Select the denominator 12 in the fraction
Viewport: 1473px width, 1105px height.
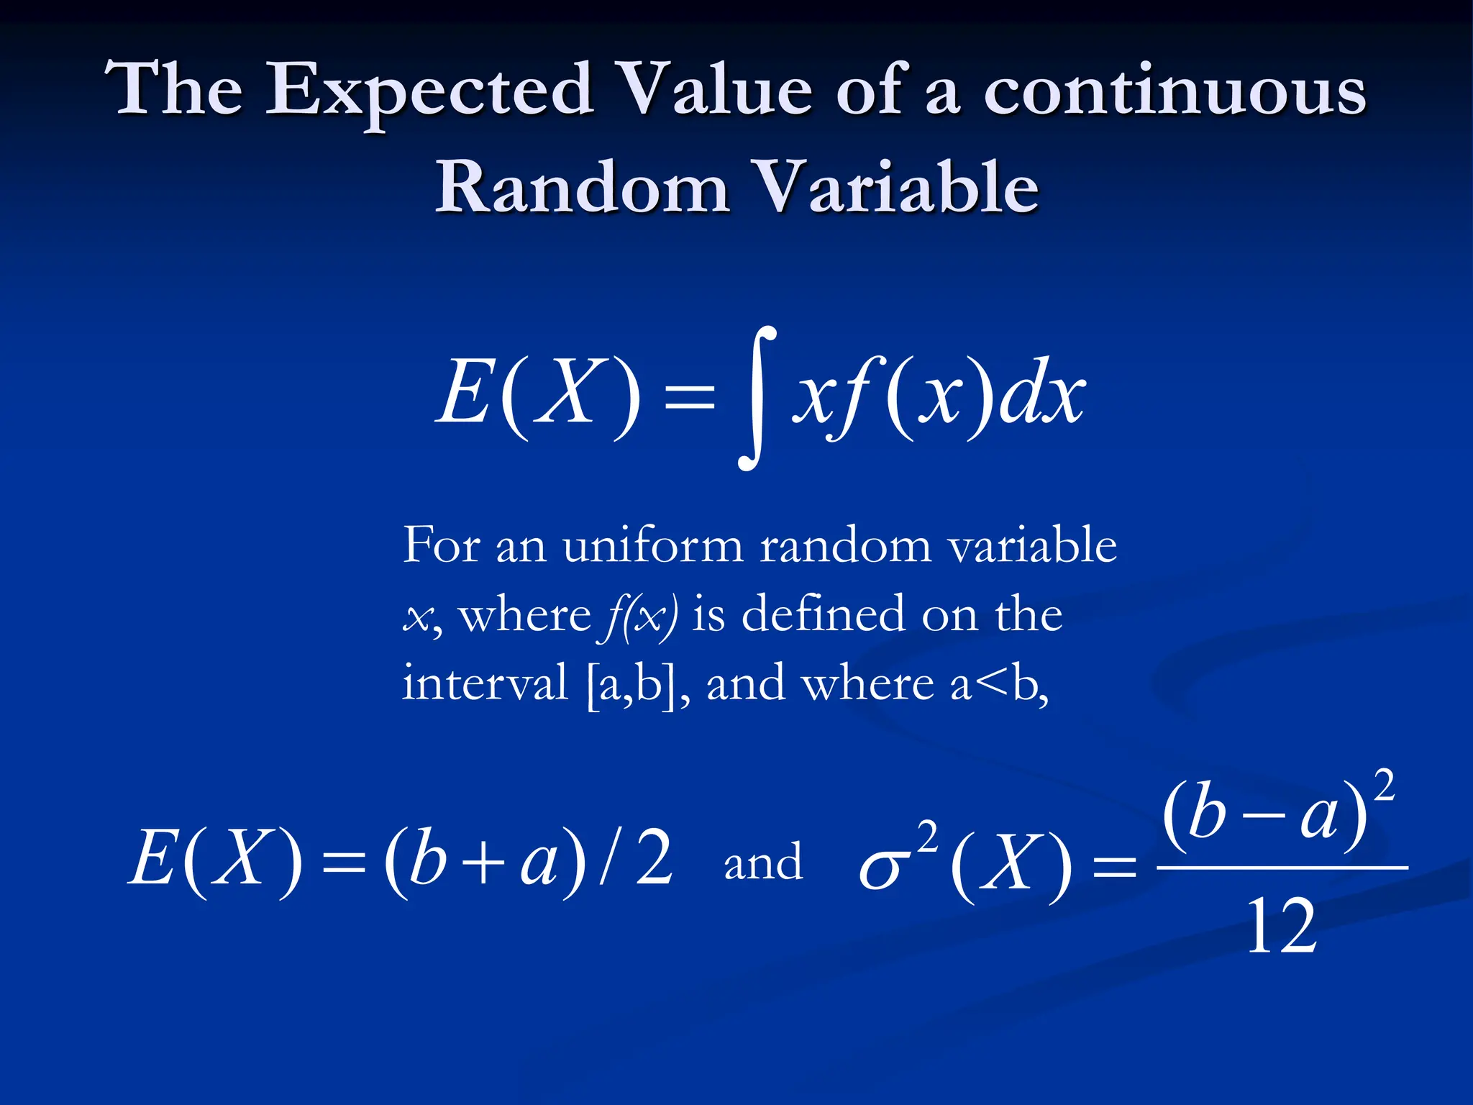click(1281, 928)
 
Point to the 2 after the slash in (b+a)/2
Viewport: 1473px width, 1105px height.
click(655, 858)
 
